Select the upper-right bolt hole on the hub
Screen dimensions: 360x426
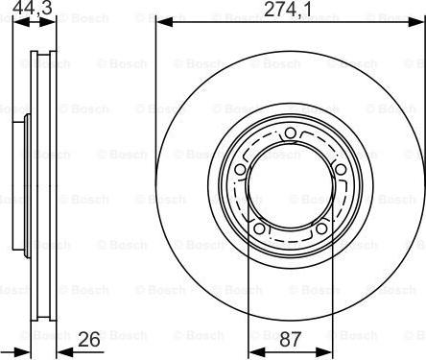click(x=340, y=170)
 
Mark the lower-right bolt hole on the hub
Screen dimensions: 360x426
click(x=319, y=229)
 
